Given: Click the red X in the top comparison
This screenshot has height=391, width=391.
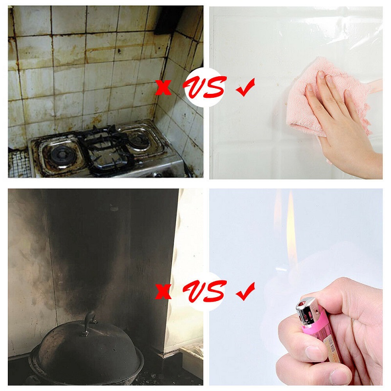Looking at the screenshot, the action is [x=163, y=87].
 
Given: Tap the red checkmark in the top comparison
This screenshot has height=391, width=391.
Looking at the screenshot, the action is [x=246, y=87].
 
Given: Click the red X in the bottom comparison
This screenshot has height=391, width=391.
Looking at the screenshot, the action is [x=163, y=291].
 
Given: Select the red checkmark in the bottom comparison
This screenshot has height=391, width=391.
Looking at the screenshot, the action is [x=246, y=291].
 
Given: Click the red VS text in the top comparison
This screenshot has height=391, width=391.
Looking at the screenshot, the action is [x=204, y=87].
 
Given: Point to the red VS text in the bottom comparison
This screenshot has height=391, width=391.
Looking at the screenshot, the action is [x=204, y=291].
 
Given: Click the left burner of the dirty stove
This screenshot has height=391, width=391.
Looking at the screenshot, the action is [x=63, y=155].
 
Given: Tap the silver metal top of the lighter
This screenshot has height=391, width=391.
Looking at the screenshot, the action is [x=307, y=311].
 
